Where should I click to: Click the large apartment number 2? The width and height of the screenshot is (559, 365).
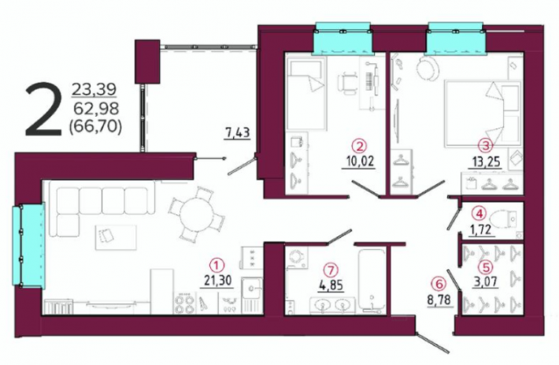pos(43,109)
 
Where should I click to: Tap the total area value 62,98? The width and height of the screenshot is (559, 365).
pos(95,107)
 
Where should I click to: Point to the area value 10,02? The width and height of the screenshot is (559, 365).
pos(359,162)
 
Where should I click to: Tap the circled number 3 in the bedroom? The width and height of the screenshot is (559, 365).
pos(485,145)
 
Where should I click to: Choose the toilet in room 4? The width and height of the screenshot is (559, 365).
pos(503,219)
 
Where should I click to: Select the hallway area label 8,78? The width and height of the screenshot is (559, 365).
pos(440,299)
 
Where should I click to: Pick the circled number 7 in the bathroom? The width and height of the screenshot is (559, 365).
pos(331,270)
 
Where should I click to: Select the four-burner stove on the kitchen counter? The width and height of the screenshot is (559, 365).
pos(185,304)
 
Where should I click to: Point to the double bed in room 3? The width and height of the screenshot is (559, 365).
pos(483,114)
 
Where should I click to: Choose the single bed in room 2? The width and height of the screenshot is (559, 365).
pos(306,94)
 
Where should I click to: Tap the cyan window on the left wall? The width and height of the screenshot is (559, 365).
pos(29,245)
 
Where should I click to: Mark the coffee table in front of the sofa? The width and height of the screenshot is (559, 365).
pos(116,237)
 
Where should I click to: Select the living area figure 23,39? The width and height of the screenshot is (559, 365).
pos(94,89)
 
